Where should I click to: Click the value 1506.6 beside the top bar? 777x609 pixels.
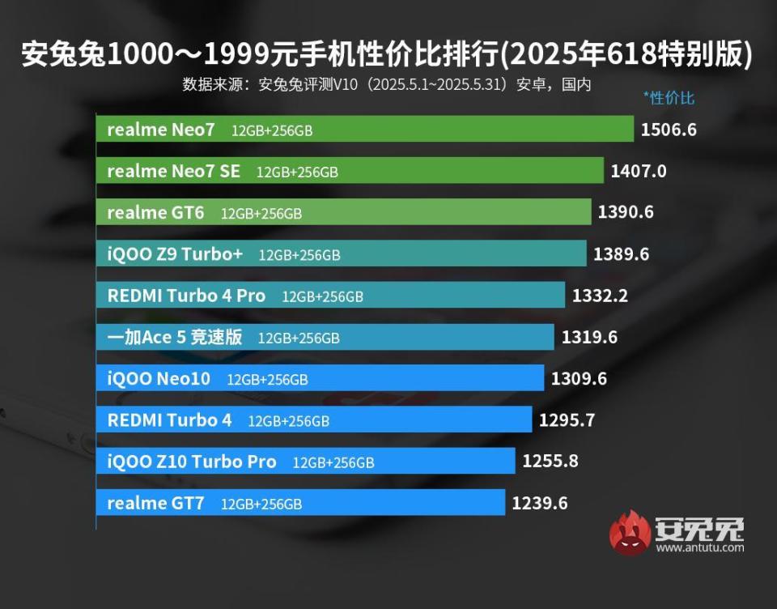point(668,130)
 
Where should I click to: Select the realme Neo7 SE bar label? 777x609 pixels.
point(173,171)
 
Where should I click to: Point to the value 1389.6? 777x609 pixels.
point(621,254)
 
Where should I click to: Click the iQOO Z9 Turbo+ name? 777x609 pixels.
point(175,254)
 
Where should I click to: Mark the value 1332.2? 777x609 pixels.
point(600,296)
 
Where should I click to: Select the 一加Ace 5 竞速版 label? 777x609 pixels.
point(175,338)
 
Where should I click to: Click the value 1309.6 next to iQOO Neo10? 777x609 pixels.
point(579,379)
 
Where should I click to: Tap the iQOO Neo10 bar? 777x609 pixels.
point(324,379)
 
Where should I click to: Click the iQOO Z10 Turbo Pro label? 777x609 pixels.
point(192,462)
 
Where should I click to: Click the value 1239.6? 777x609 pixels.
point(539,503)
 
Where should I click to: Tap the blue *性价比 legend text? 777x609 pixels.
point(669,98)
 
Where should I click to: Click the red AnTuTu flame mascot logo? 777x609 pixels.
point(631,533)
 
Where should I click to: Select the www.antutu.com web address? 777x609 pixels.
point(700,548)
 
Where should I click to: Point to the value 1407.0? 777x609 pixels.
point(639,171)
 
